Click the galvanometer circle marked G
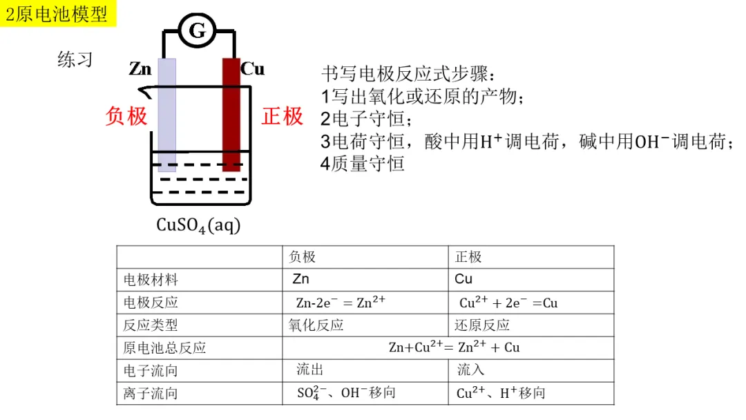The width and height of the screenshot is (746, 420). pyautogui.click(x=198, y=30)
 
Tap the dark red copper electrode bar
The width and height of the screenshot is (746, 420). pyautogui.click(x=231, y=114)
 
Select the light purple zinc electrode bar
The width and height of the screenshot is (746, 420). pyautogui.click(x=166, y=114)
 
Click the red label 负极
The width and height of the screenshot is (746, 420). pyautogui.click(x=126, y=116)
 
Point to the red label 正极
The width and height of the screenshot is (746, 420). pyautogui.click(x=283, y=116)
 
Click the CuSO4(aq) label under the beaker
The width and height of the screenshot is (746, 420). pyautogui.click(x=198, y=225)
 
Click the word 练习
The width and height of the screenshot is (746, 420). pyautogui.click(x=75, y=60)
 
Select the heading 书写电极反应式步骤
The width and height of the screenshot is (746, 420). pyautogui.click(x=409, y=73)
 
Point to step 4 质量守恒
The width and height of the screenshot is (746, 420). pyautogui.click(x=362, y=164)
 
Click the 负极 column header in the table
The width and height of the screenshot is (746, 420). pyautogui.click(x=302, y=257)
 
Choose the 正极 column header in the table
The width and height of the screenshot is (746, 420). pyautogui.click(x=468, y=257)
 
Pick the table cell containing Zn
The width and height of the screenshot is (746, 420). pyautogui.click(x=301, y=279)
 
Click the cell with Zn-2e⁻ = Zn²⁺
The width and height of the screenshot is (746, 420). pyautogui.click(x=341, y=302)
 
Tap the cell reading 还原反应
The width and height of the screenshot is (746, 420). pyautogui.click(x=482, y=325)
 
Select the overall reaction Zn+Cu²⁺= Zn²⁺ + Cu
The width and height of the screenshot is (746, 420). pyautogui.click(x=454, y=347)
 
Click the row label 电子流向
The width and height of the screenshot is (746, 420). pyautogui.click(x=151, y=370)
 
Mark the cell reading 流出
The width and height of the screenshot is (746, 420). pyautogui.click(x=310, y=370)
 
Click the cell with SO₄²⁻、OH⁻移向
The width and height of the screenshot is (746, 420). pyautogui.click(x=346, y=393)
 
